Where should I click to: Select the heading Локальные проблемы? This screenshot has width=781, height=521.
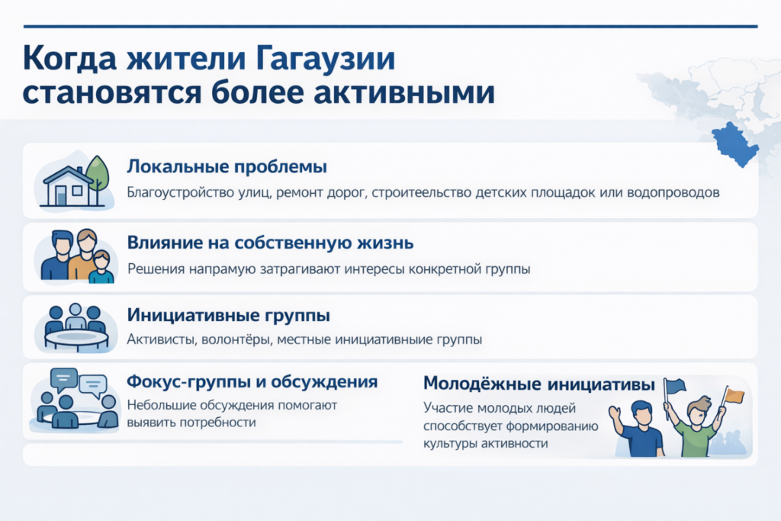[227, 167]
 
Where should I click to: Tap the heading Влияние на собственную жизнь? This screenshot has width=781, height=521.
[270, 243]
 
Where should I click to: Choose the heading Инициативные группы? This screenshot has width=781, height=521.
[228, 315]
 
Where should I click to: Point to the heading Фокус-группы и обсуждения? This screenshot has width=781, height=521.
[252, 382]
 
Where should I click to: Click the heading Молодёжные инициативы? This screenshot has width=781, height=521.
[539, 384]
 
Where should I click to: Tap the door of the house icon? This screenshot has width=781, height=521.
[61, 195]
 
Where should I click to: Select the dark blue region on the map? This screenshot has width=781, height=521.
[734, 144]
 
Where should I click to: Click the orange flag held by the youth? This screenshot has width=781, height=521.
[734, 396]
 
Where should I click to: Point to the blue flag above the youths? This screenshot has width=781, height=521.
[676, 386]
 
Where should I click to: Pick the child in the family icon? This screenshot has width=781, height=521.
[101, 268]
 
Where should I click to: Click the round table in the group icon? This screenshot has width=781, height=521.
[77, 339]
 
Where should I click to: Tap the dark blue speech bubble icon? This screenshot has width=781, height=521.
[64, 380]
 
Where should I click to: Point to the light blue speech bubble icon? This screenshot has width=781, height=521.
[93, 385]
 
